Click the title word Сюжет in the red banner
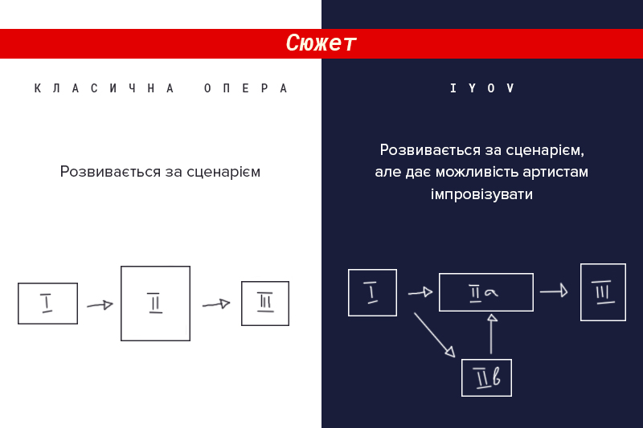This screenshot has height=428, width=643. click(321, 43)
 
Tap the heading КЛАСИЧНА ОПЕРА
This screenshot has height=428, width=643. click(161, 88)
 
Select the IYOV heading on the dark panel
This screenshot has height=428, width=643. click(481, 88)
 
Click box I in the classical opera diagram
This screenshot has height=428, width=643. click(47, 304)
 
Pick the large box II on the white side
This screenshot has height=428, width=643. click(155, 304)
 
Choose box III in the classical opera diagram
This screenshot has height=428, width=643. click(265, 304)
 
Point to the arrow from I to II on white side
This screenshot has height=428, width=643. click(100, 305)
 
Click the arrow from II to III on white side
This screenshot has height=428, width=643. click(216, 304)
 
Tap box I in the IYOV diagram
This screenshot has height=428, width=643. click(372, 293)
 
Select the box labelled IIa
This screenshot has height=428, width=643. click(486, 292)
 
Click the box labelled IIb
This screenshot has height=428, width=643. click(486, 377)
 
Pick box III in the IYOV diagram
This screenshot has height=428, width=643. click(603, 292)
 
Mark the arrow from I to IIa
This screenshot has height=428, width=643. click(420, 292)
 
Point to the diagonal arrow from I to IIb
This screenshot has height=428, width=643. click(434, 336)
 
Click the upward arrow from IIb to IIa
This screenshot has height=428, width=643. click(491, 334)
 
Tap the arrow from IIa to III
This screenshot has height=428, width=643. click(554, 291)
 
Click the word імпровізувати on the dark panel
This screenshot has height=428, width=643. click(481, 194)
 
